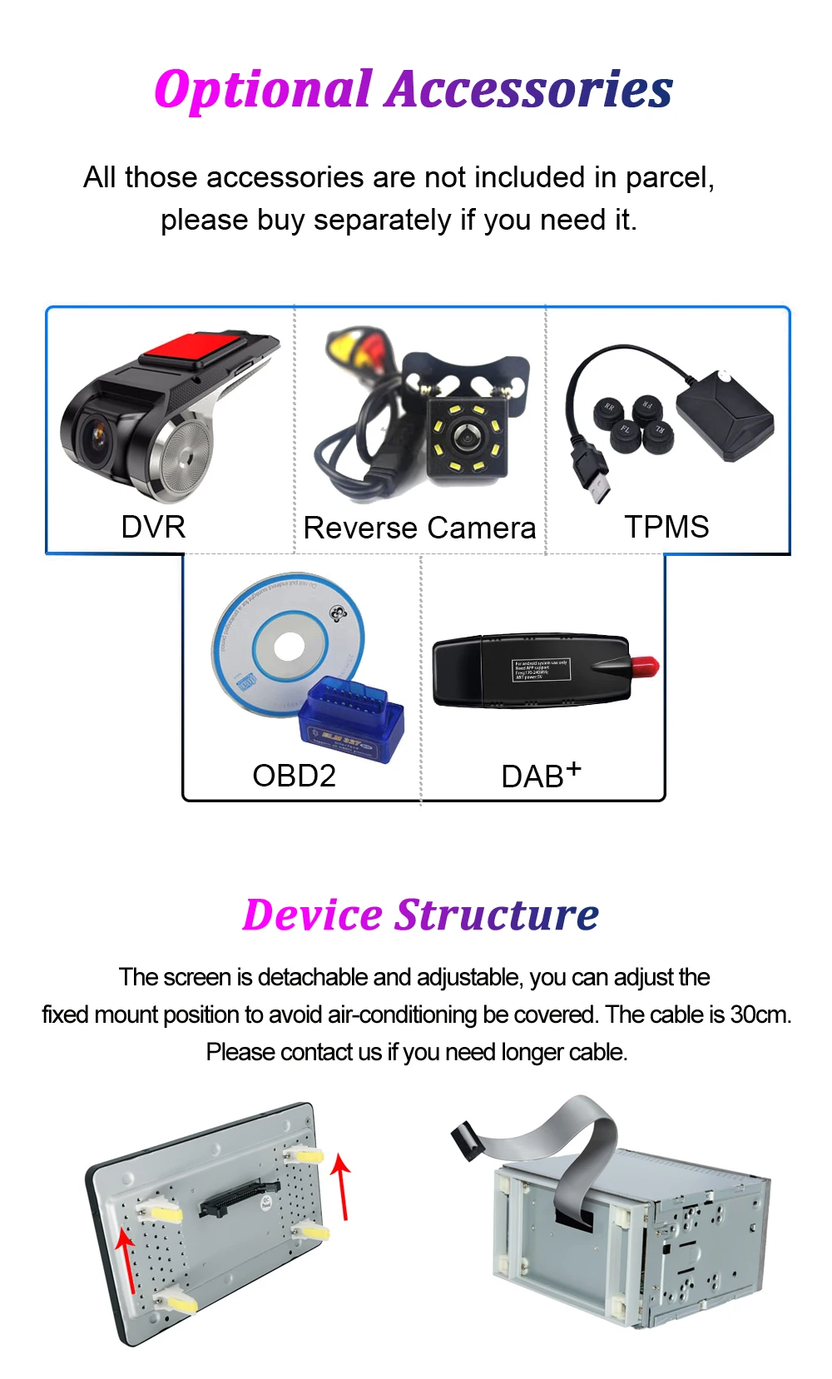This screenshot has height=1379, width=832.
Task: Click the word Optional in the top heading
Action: pyautogui.click(x=263, y=90)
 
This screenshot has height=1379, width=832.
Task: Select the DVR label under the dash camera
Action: pyautogui.click(x=153, y=527)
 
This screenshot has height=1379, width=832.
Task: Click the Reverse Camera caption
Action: pyautogui.click(x=419, y=528)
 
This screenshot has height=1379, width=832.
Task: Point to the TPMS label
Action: pyautogui.click(x=666, y=527)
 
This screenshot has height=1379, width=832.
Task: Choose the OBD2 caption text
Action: pyautogui.click(x=294, y=776)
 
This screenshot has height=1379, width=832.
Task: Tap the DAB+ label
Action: pyautogui.click(x=540, y=776)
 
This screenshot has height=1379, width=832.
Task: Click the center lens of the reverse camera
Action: pyautogui.click(x=465, y=438)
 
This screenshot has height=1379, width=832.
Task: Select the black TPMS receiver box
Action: pyautogui.click(x=724, y=414)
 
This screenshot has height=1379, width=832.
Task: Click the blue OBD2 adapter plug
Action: pyautogui.click(x=351, y=720)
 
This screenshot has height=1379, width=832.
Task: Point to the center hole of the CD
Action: pyautogui.click(x=289, y=647)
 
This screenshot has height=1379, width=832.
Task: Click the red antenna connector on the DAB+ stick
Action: pyautogui.click(x=644, y=667)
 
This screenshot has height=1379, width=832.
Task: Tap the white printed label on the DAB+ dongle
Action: pyautogui.click(x=540, y=670)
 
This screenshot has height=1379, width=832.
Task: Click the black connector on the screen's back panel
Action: pyautogui.click(x=238, y=1199)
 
